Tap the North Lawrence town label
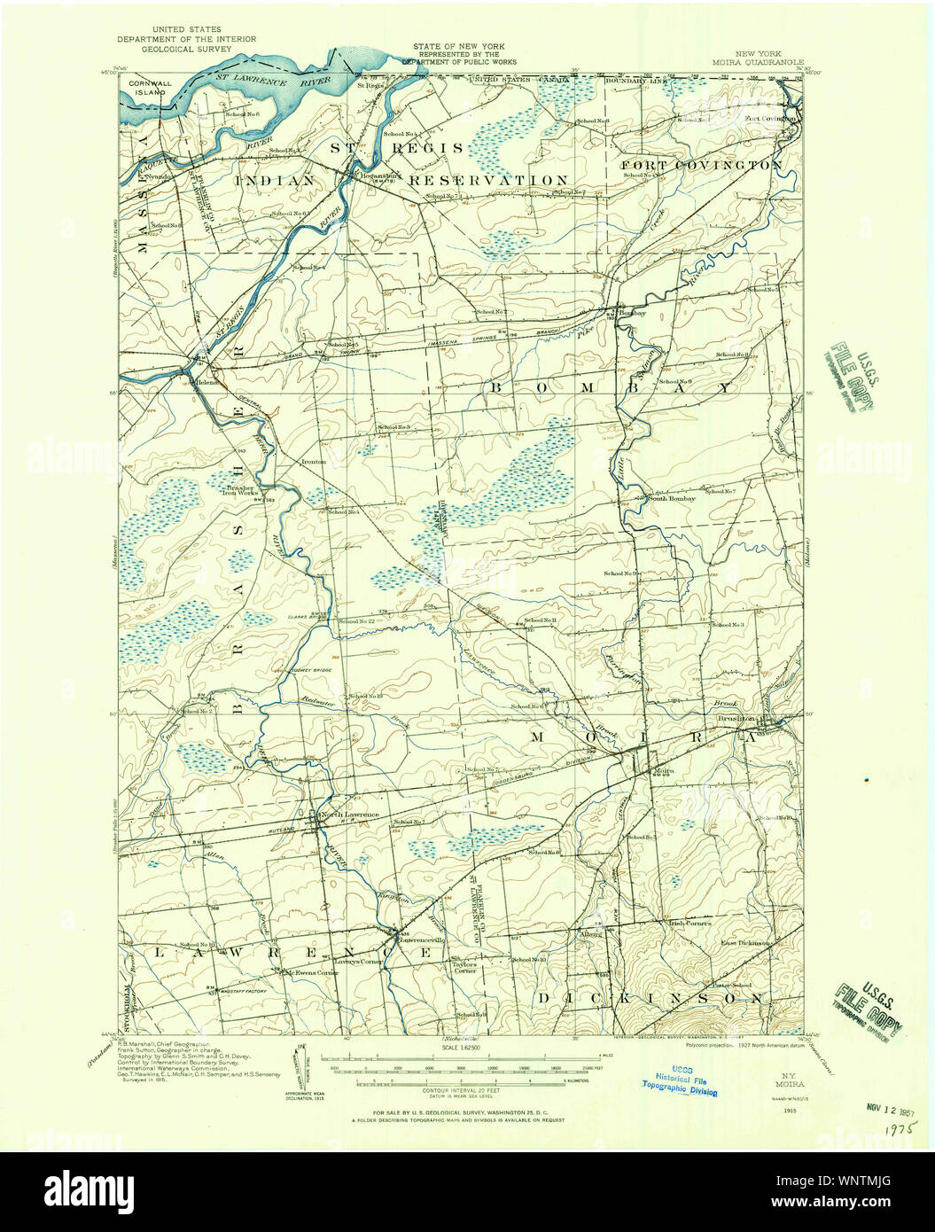click(x=349, y=815)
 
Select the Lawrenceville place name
click(x=420, y=939)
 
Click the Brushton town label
click(x=736, y=719)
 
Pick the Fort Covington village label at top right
click(x=767, y=116)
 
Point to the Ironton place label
click(x=314, y=462)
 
